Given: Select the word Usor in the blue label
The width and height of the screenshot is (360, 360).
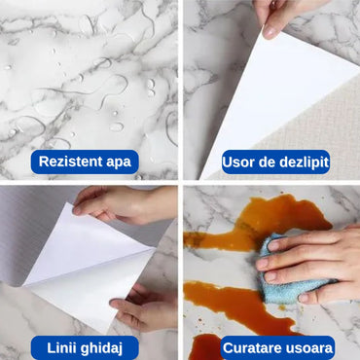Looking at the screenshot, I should click(241, 162).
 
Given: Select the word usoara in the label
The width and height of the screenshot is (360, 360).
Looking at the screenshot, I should click(311, 347).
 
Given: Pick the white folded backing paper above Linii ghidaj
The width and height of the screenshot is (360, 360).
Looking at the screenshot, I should click(88, 263).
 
